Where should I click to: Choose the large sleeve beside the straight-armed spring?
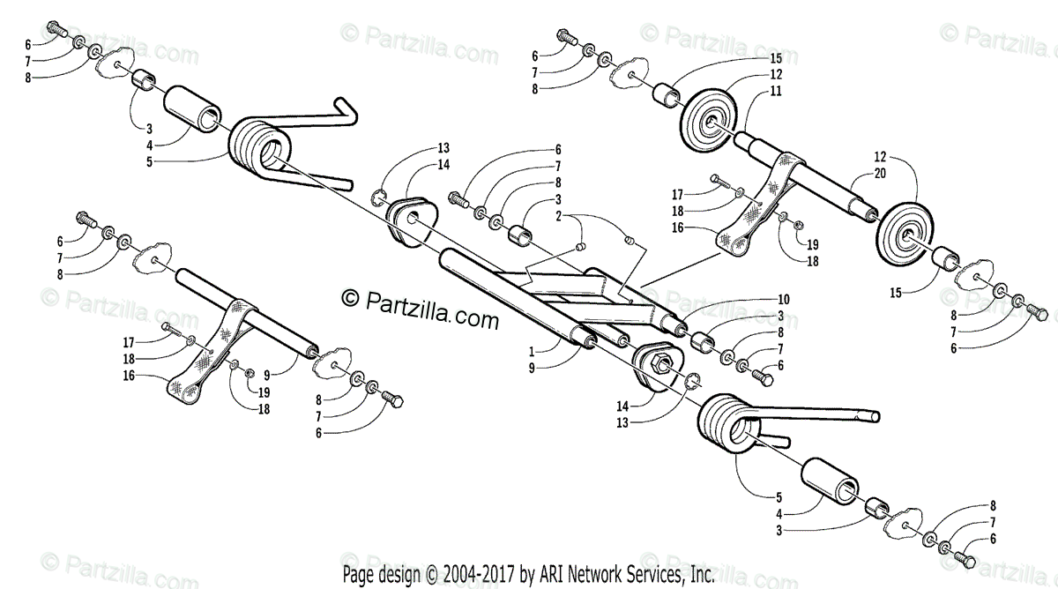(830, 484)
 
